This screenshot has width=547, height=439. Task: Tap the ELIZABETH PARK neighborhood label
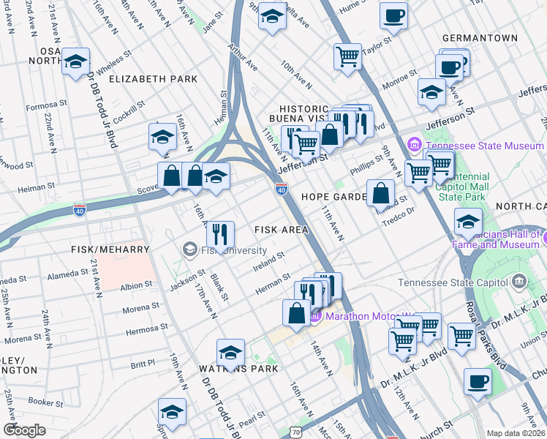point(153,78)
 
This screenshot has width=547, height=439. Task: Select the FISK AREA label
point(281,230)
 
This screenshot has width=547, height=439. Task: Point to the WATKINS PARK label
point(238,369)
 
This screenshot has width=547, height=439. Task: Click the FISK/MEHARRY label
point(110,249)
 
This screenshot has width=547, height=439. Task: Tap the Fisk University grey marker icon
point(190,250)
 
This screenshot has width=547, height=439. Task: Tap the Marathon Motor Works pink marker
point(316,316)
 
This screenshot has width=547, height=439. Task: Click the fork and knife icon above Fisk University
point(220,235)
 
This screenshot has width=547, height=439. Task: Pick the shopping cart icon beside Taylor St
point(348,56)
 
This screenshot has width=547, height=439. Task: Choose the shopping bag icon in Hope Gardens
point(381,194)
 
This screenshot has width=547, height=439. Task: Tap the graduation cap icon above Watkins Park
point(230,353)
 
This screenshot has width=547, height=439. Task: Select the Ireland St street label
point(270,260)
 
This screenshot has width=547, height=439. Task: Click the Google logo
point(24,430)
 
